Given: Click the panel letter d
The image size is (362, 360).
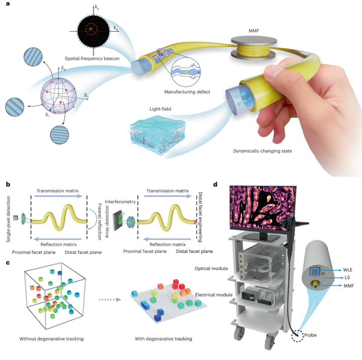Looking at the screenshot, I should pos(216,185).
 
